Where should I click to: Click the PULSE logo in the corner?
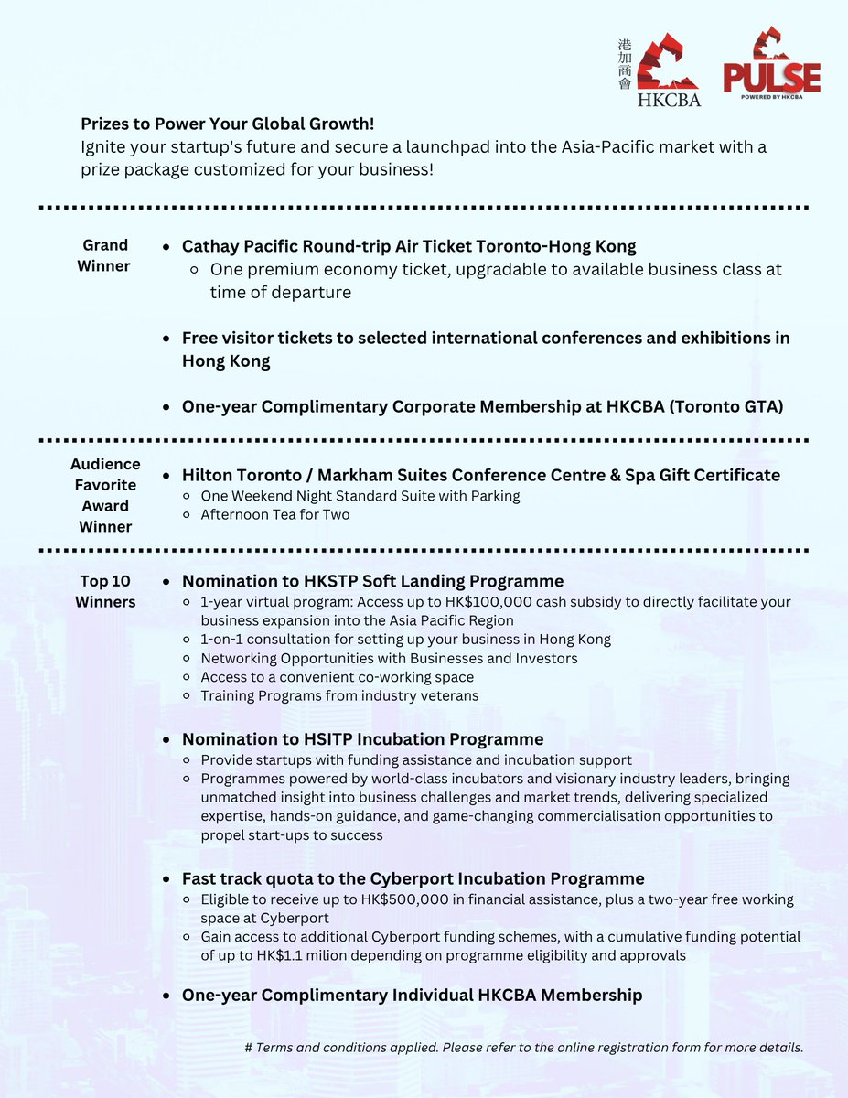tap(771, 64)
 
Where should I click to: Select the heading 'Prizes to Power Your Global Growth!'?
tap(228, 124)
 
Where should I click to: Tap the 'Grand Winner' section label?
tap(105, 255)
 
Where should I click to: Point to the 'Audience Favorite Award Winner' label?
tap(105, 495)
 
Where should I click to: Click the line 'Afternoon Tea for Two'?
tap(275, 514)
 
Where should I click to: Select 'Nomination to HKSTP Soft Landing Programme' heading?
tap(372, 581)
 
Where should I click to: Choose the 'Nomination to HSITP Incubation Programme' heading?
tap(362, 739)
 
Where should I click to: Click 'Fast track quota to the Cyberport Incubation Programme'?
tap(413, 878)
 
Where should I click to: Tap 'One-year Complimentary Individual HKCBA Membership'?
tap(412, 995)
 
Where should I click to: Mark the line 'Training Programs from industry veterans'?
tap(339, 695)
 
